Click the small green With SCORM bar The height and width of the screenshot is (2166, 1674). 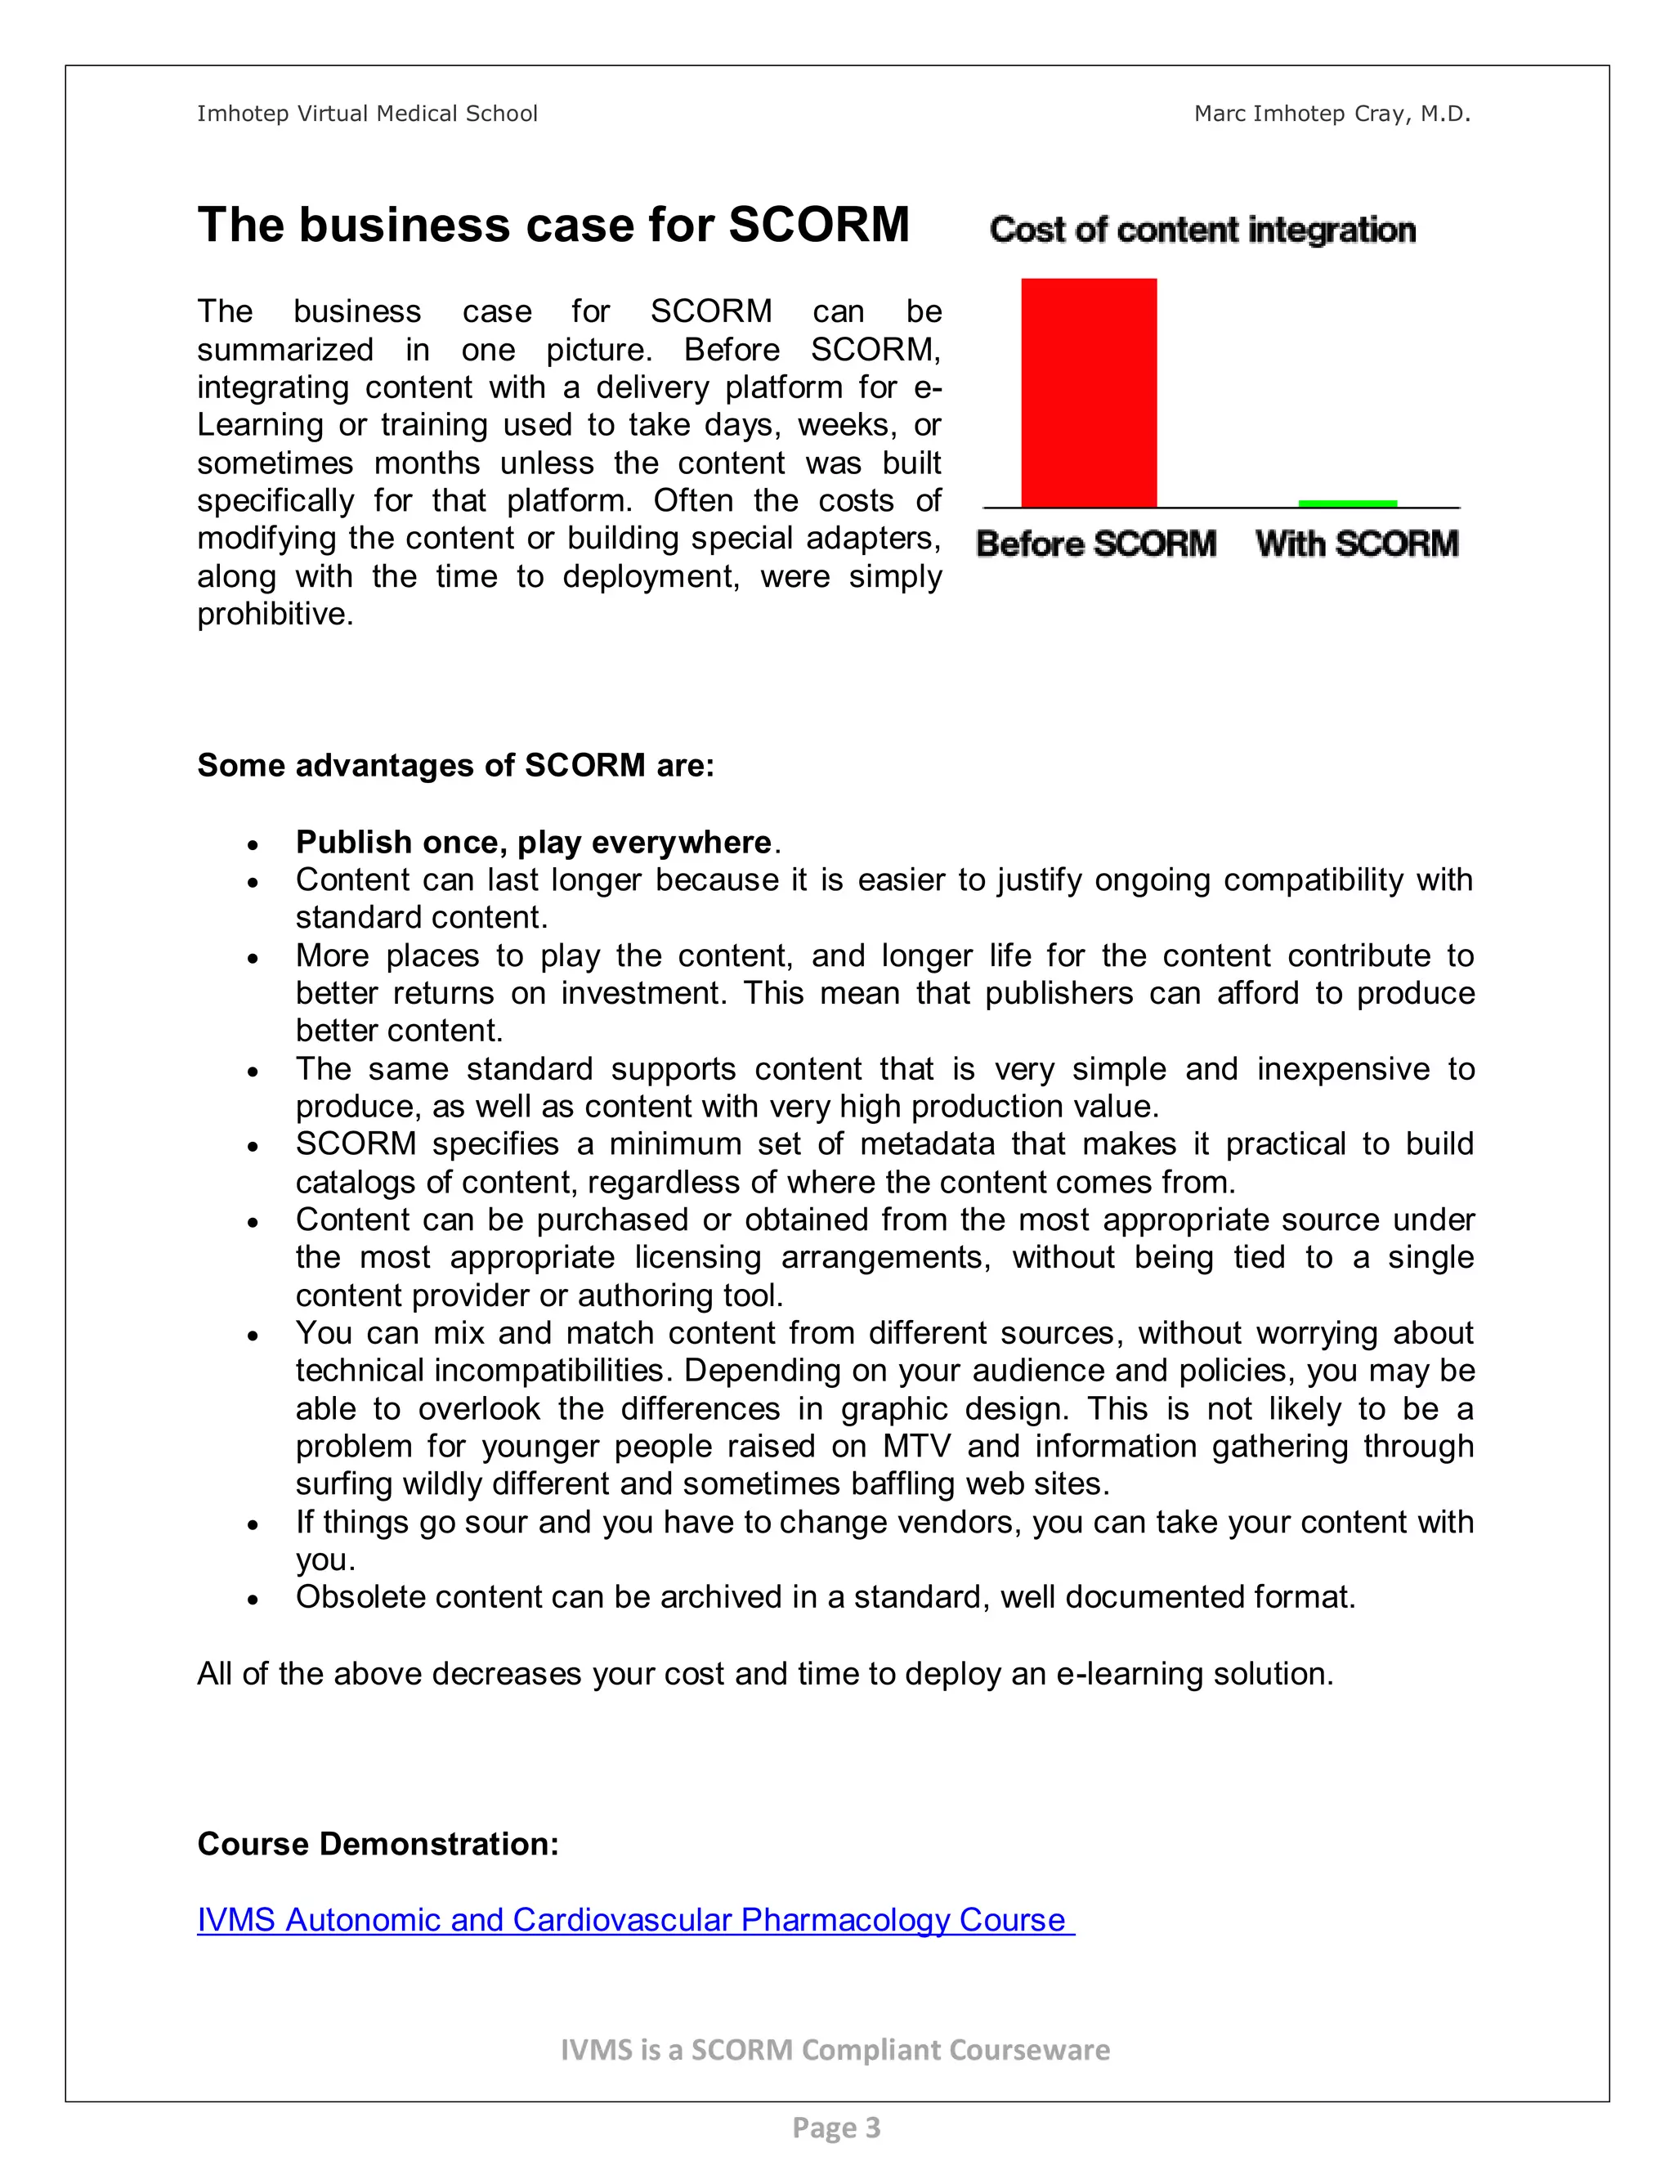tap(1347, 503)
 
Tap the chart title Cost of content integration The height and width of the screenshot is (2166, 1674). tap(1202, 230)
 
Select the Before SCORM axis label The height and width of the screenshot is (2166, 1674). tap(1096, 544)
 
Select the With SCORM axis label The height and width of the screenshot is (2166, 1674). tap(1357, 544)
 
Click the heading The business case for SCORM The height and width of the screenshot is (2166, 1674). tap(553, 225)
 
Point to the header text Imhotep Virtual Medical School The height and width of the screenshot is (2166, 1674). tap(367, 114)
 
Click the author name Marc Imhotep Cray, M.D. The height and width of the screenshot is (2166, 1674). tap(1332, 114)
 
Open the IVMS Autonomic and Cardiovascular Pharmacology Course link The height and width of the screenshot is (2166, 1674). tap(634, 1919)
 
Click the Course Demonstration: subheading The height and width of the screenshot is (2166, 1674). tap(378, 1844)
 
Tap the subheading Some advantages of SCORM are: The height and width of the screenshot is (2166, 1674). tap(455, 766)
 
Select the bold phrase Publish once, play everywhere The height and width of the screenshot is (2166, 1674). tap(534, 842)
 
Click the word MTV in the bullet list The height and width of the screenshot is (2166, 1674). tap(916, 1446)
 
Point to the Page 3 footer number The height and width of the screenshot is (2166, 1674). tap(836, 2128)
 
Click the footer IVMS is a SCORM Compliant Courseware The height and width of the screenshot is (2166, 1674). tap(835, 2050)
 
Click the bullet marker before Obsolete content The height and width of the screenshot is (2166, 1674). tap(254, 1600)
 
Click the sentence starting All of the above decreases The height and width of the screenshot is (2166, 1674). tap(764, 1673)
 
